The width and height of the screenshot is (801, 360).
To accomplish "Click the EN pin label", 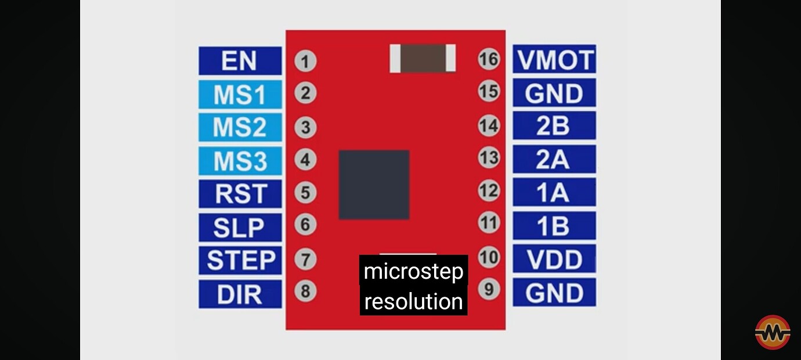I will (x=240, y=61).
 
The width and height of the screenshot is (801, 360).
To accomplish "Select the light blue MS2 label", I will (x=240, y=128).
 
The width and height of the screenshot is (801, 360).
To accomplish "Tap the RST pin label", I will (x=240, y=194).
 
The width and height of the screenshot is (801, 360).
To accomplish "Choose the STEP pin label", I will (x=240, y=260).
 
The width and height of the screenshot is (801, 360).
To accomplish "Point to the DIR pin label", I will (x=240, y=294).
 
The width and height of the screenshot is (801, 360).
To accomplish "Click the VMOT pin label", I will (x=554, y=60).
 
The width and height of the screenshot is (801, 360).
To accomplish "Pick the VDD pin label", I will (x=554, y=259).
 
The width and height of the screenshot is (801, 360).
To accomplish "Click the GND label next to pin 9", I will (x=554, y=293).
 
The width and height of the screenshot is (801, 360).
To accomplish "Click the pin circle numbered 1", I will (x=305, y=61).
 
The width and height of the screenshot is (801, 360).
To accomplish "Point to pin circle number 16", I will (x=489, y=59).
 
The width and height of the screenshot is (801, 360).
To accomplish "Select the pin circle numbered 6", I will (x=305, y=224).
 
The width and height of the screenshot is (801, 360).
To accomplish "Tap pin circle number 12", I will (x=489, y=190).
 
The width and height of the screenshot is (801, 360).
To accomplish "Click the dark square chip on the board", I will (x=374, y=185).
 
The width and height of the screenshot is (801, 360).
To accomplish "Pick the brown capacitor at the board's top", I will (x=423, y=59).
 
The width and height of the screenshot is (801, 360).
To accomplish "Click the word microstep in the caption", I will (x=413, y=271).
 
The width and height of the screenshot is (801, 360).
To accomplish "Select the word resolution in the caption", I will (x=413, y=301).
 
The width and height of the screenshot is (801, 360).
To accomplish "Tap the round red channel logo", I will (x=773, y=332).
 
